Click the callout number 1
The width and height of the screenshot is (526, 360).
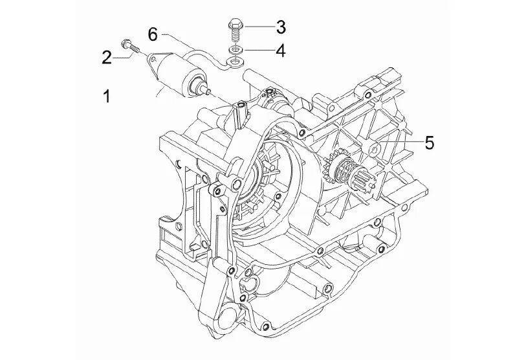pos(107,96)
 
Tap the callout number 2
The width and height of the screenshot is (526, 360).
pos(107,57)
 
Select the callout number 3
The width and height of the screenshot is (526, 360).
pos(281,27)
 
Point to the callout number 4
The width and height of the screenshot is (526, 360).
pos(281,51)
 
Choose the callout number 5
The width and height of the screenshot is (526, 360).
pos(430,142)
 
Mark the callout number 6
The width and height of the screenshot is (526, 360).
pos(153,34)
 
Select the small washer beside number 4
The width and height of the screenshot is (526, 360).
pos(235,50)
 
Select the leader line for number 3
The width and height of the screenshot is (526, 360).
pos(259,27)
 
